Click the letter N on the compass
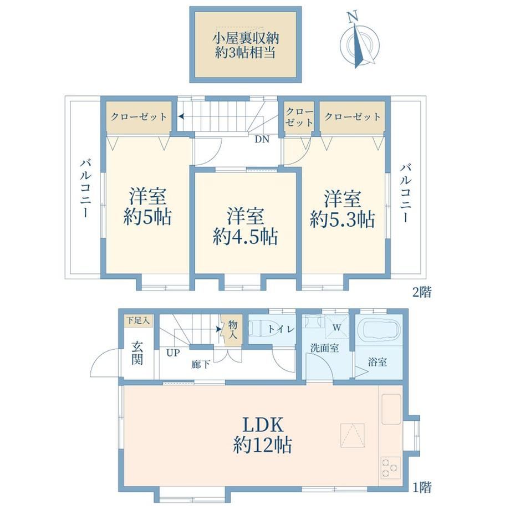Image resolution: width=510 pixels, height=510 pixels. point(352,17)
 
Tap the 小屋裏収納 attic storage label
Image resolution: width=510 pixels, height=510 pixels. point(246,39)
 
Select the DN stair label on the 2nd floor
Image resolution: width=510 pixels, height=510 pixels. point(262,139)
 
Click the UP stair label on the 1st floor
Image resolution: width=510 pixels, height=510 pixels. point(173,353)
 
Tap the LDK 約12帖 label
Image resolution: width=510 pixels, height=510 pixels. point(262,435)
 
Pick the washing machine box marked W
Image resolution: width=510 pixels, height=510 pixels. point(336,327)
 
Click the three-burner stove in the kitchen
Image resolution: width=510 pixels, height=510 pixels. point(390,468)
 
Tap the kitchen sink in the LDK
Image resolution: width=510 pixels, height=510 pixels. point(391,409)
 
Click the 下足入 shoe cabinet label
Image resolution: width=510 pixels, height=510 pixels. point(138,321)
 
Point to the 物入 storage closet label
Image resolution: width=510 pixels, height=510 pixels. point(233,329)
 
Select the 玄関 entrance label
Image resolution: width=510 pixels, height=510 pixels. point(137,354)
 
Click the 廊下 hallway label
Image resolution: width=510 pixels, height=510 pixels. point(201,364)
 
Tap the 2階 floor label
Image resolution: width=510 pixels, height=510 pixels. point(422,292)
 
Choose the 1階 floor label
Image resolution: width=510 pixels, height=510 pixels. point(422,487)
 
